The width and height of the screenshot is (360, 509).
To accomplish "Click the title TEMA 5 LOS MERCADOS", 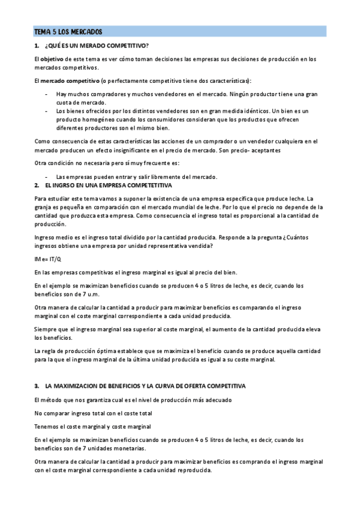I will point(68,31).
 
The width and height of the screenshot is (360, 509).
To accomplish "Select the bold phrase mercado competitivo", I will point(70,80).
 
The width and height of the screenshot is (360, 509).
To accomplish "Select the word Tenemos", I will point(48,426).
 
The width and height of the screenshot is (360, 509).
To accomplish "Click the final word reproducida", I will point(192,471).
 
